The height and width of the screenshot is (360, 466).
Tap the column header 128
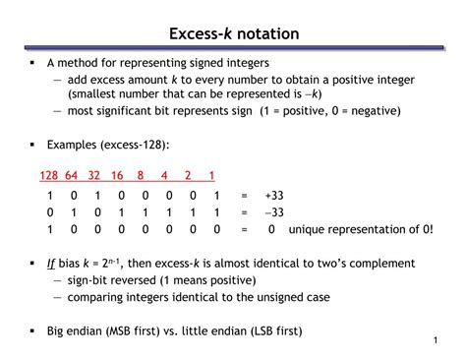pyautogui.click(x=49, y=175)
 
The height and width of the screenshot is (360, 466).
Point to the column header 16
pyautogui.click(x=118, y=175)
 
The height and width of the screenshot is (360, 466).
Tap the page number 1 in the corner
pyautogui.click(x=434, y=340)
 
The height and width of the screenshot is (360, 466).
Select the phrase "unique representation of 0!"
pyautogui.click(x=360, y=228)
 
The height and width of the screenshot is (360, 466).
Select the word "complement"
pyautogui.click(x=378, y=264)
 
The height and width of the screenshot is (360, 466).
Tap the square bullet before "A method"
pyautogui.click(x=32, y=62)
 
